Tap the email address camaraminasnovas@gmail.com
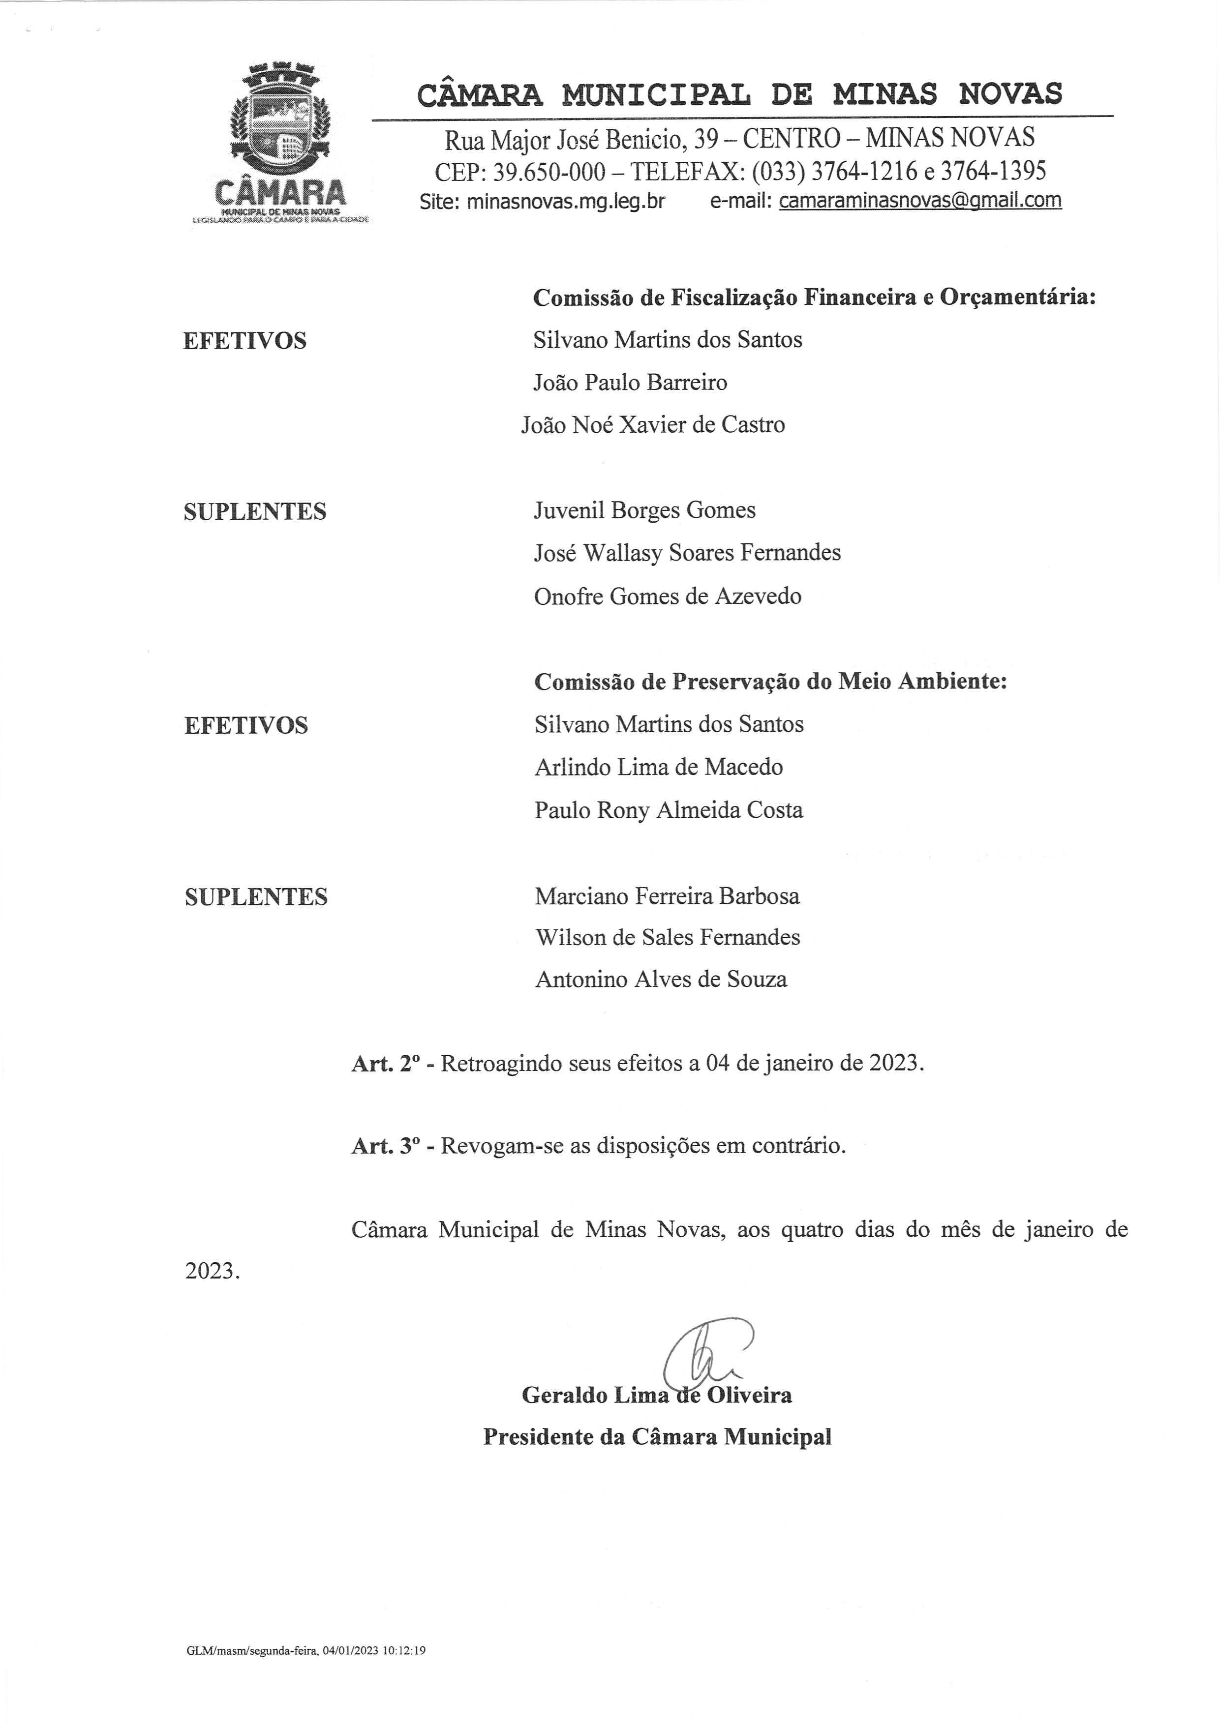pyautogui.click(x=920, y=201)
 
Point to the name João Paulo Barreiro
pyautogui.click(x=630, y=383)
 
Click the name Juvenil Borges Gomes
pyautogui.click(x=644, y=511)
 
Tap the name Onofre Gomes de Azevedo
pyautogui.click(x=668, y=596)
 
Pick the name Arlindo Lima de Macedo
pyautogui.click(x=659, y=767)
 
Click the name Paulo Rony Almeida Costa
pyautogui.click(x=669, y=810)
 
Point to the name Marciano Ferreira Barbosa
pyautogui.click(x=667, y=896)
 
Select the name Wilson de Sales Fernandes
pyautogui.click(x=668, y=937)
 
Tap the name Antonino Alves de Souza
pyautogui.click(x=661, y=980)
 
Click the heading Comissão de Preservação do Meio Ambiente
pyautogui.click(x=770, y=682)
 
